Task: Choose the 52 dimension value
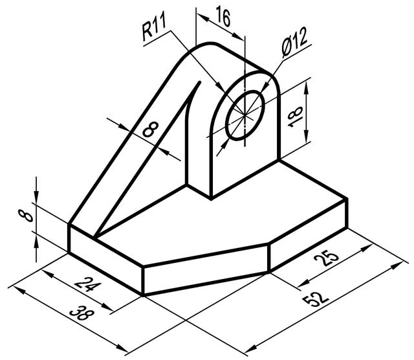coord(318,294)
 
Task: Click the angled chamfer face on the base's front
coord(206,269)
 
